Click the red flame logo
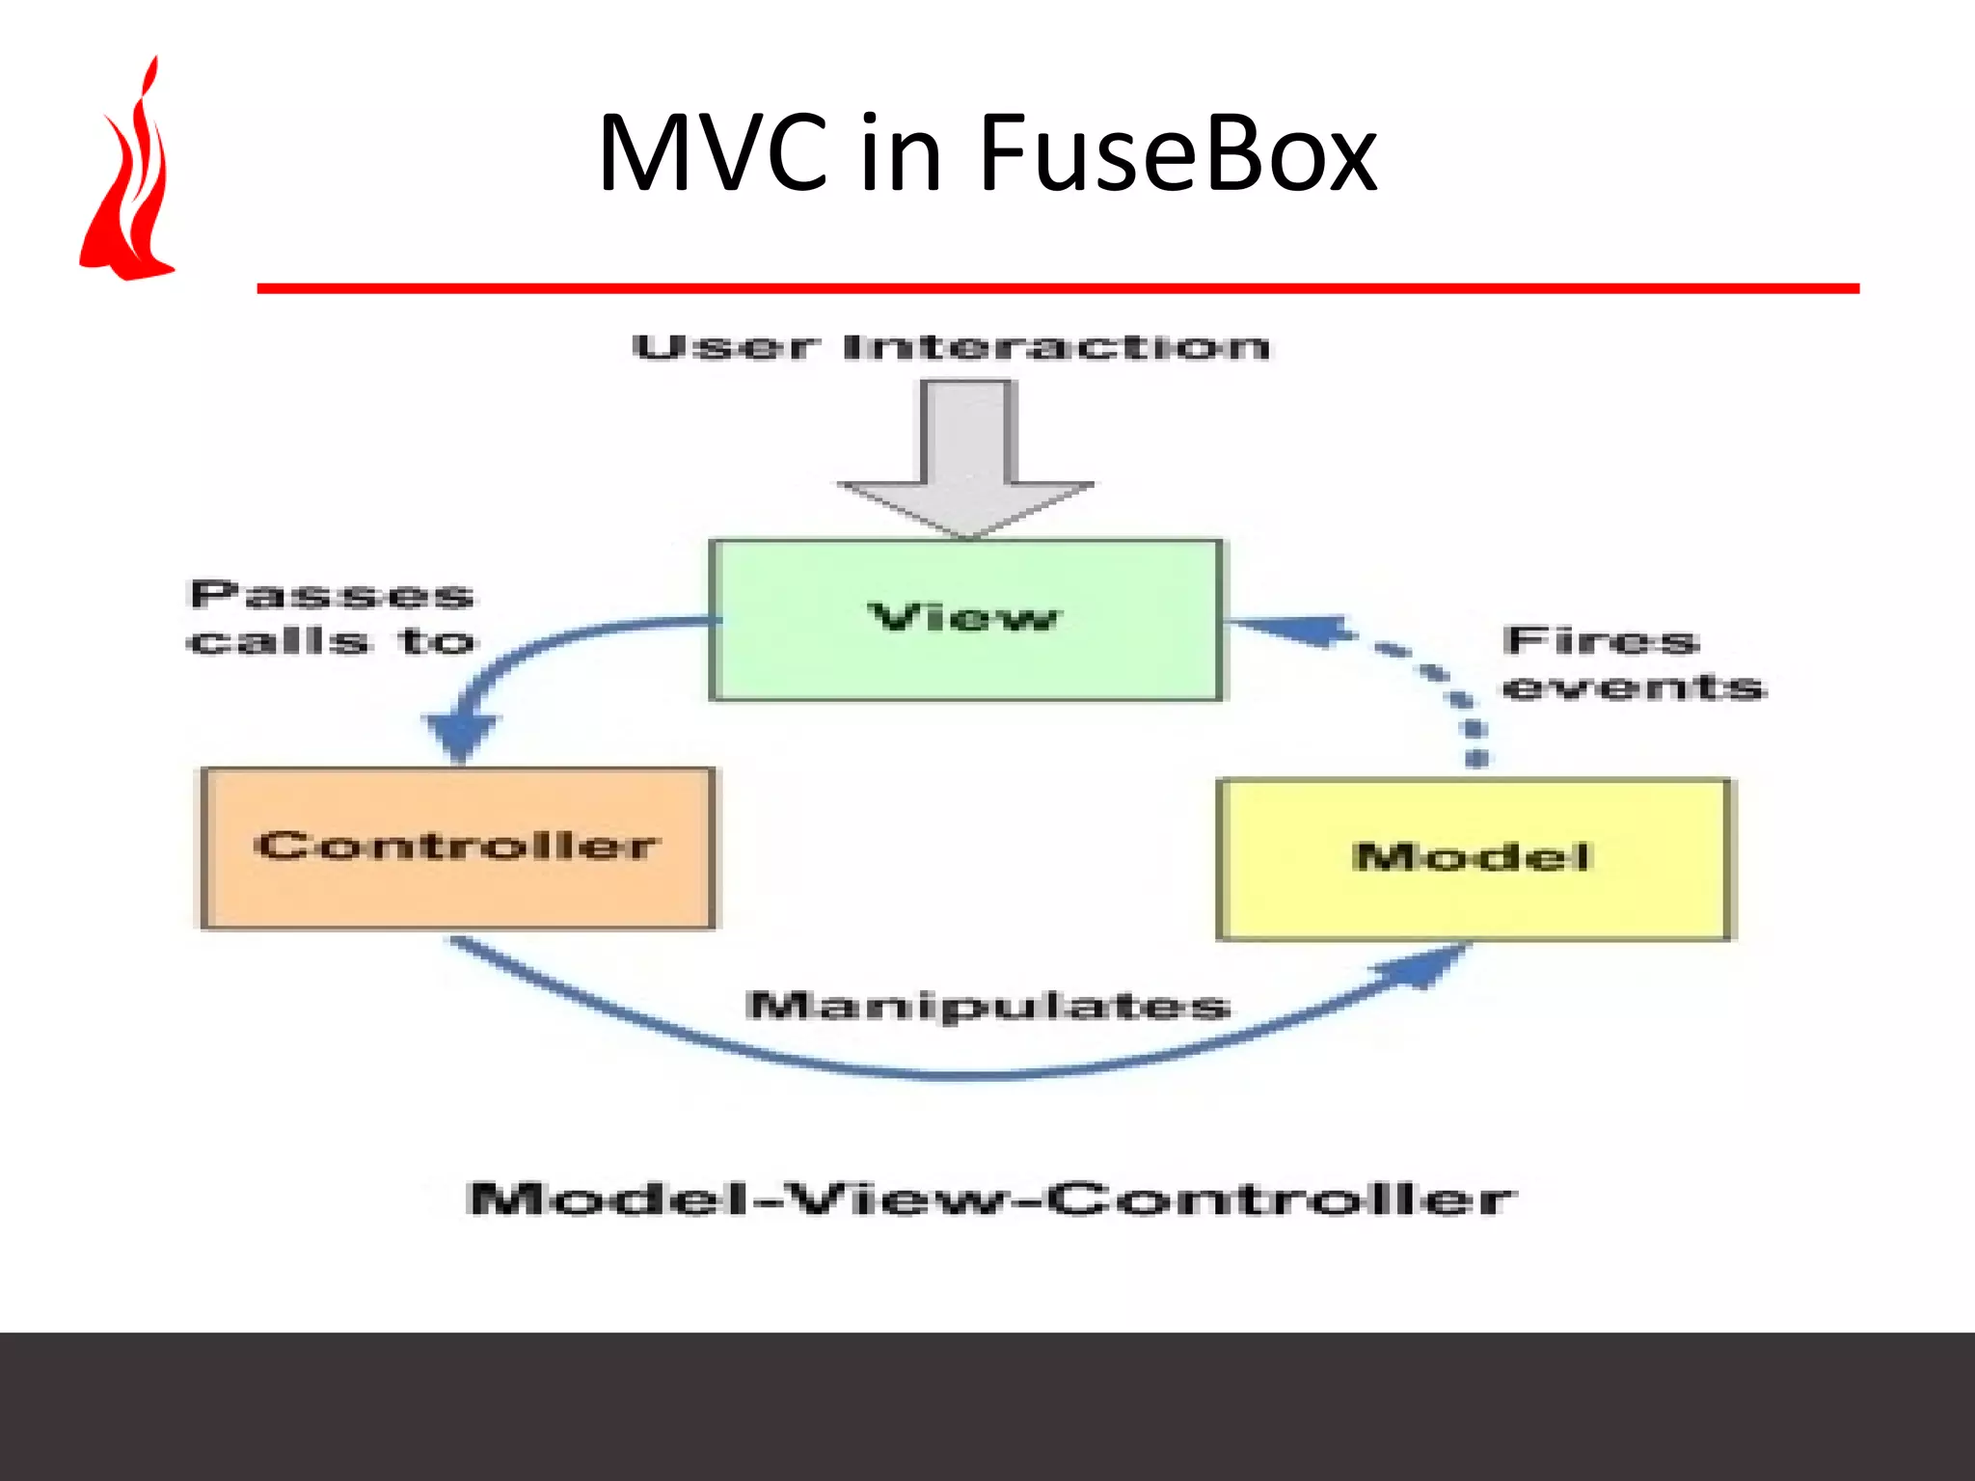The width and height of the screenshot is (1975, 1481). (x=130, y=183)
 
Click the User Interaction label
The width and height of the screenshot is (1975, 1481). (x=951, y=347)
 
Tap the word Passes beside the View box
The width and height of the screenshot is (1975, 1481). (x=332, y=595)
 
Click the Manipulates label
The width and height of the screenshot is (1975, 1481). (x=988, y=1006)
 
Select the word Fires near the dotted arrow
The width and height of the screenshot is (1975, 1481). (x=1600, y=640)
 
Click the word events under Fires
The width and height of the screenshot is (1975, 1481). (x=1634, y=687)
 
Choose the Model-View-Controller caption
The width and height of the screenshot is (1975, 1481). (x=990, y=1199)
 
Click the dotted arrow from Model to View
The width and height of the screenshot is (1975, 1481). (x=1437, y=675)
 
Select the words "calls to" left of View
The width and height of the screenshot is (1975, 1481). (x=332, y=641)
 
